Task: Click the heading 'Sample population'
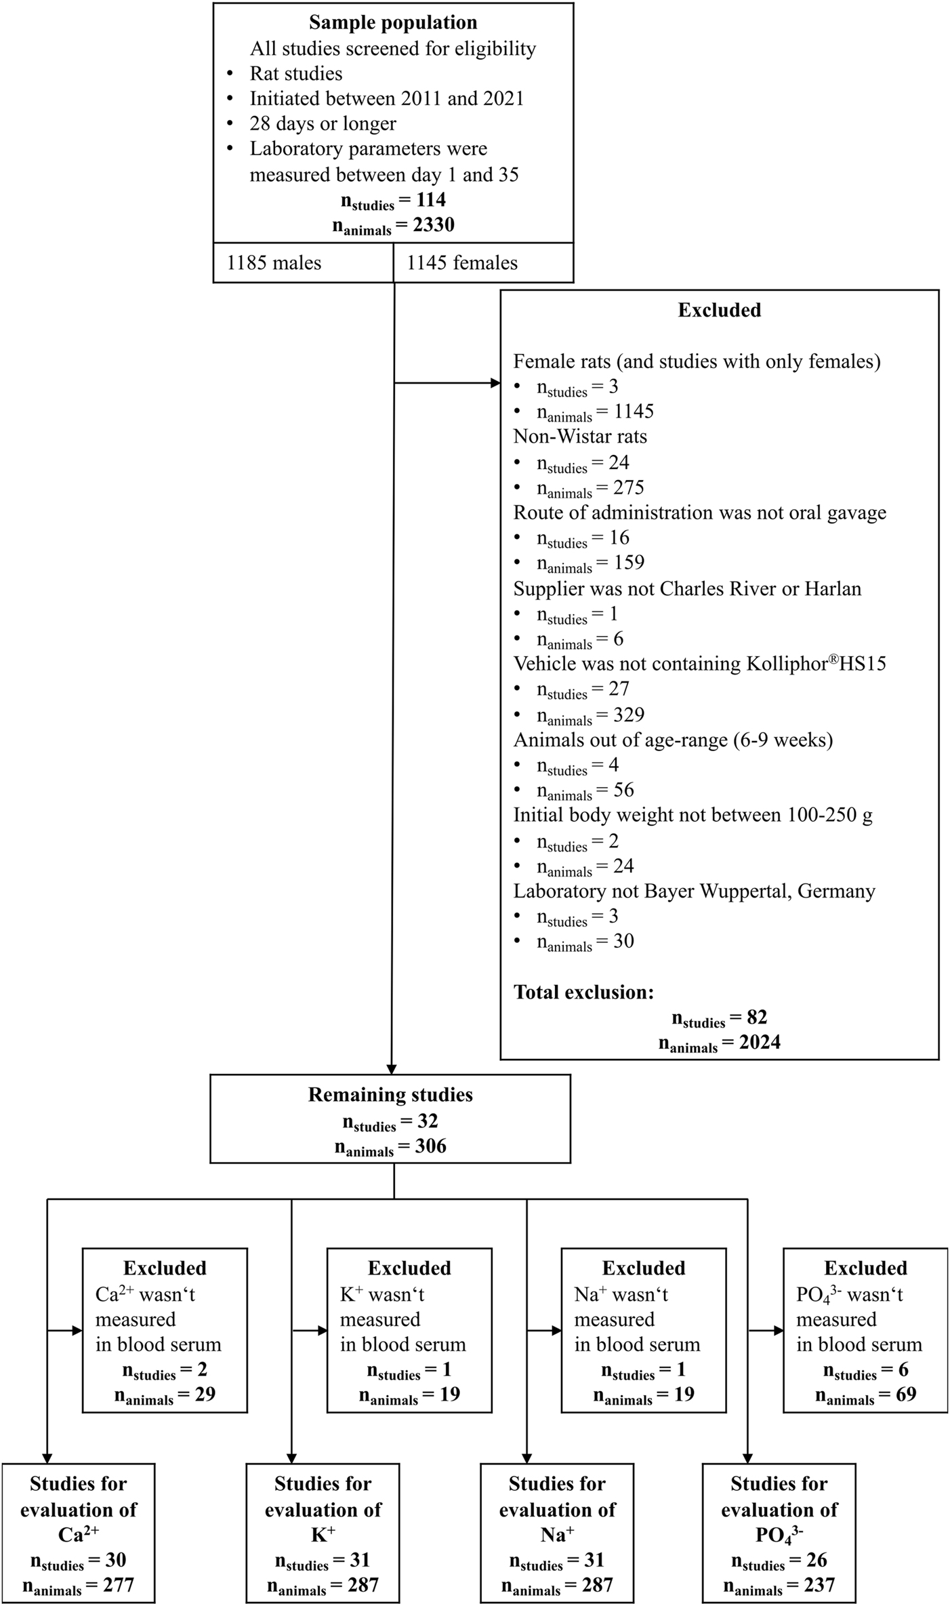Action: (393, 22)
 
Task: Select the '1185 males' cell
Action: (274, 263)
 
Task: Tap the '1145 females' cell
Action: (462, 263)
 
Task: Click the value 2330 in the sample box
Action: (434, 225)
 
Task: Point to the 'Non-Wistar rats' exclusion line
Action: (580, 436)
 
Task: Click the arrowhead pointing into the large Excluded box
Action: (495, 384)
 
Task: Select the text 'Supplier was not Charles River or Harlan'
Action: (687, 588)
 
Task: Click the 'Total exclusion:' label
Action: (583, 992)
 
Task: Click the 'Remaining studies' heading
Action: (390, 1095)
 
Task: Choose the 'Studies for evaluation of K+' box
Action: (323, 1533)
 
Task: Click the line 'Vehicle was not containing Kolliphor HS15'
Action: (699, 664)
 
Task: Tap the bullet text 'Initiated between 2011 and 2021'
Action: (387, 98)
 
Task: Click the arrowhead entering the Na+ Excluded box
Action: (556, 1330)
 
